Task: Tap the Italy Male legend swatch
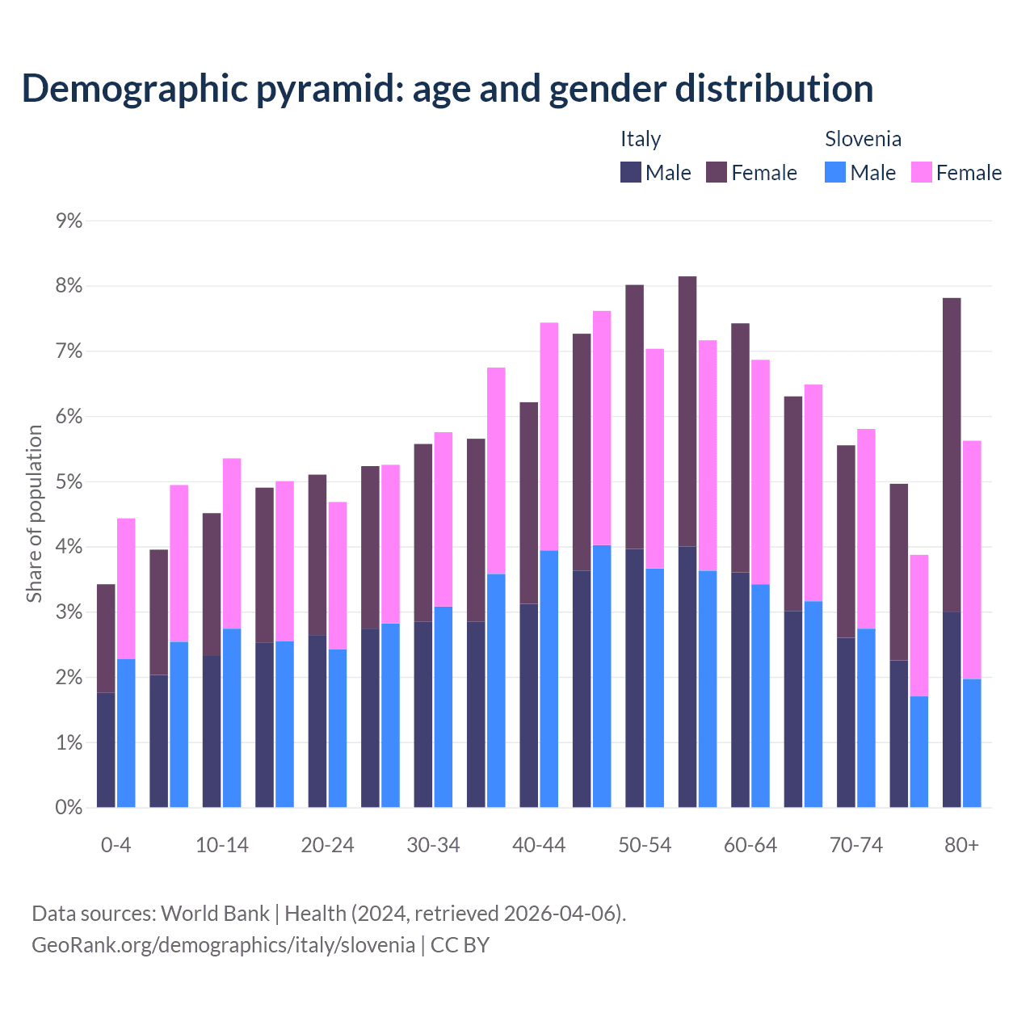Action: coord(630,172)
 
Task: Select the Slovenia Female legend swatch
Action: coord(921,172)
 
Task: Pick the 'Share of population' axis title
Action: coord(35,514)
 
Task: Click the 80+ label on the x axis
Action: coord(961,845)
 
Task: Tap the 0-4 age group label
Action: coord(116,845)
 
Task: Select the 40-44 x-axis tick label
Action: coord(539,845)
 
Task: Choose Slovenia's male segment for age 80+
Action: coord(972,742)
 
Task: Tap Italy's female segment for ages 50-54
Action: coord(635,417)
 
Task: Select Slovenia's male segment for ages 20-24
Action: coord(338,728)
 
